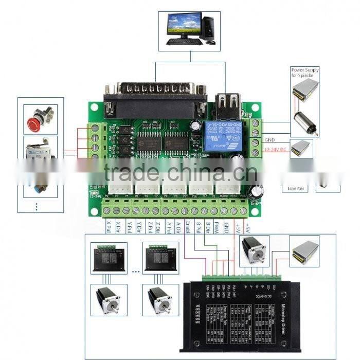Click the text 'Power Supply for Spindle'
(305, 73)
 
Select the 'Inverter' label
(296, 189)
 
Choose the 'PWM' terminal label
(217, 226)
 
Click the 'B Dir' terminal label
(207, 227)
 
